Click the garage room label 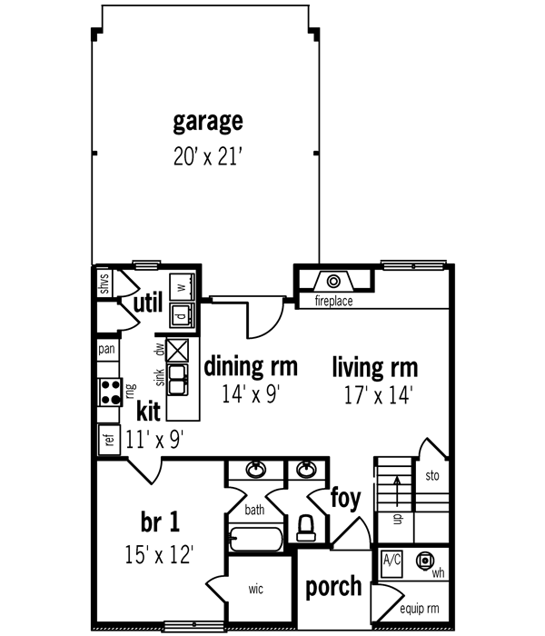click(x=208, y=122)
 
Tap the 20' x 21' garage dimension click(x=208, y=155)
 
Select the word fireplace click(x=333, y=301)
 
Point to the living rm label click(x=374, y=367)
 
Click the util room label click(x=148, y=303)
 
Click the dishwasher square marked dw click(x=178, y=350)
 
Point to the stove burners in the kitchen click(x=111, y=391)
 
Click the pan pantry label click(x=106, y=349)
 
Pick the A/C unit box click(x=392, y=561)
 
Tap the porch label click(x=333, y=586)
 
